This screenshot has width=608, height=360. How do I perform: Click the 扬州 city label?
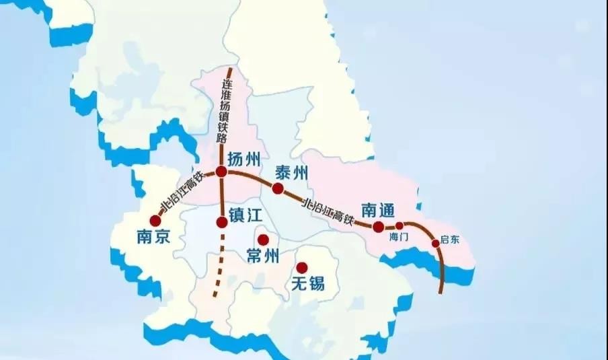coord(245,160)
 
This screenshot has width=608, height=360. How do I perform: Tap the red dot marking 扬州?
coord(221,172)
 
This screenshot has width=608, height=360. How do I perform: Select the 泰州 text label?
coord(291,173)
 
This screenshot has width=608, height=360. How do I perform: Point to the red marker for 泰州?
coord(277,188)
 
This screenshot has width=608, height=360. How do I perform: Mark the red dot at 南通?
coord(379,227)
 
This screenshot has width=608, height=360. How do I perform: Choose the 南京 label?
coord(153,236)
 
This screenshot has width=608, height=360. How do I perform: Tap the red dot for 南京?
coord(155,220)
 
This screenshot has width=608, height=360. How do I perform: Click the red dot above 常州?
coord(263,240)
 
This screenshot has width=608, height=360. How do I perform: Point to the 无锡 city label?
coord(307,283)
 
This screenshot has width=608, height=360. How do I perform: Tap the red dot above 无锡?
coord(302,267)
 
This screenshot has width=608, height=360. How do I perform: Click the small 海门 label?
coord(399,238)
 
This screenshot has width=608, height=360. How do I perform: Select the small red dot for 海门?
coord(400,226)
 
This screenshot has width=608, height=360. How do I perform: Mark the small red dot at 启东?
coord(435,242)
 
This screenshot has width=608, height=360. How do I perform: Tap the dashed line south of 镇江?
coord(218,269)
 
